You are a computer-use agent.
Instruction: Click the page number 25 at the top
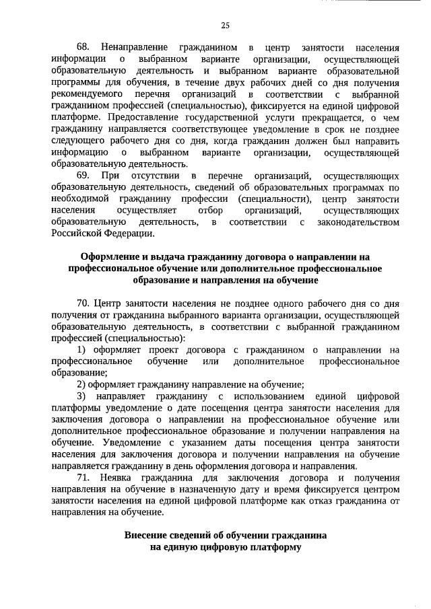(225, 26)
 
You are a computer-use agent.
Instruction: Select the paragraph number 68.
(84, 48)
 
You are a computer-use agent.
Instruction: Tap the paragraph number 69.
(84, 176)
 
